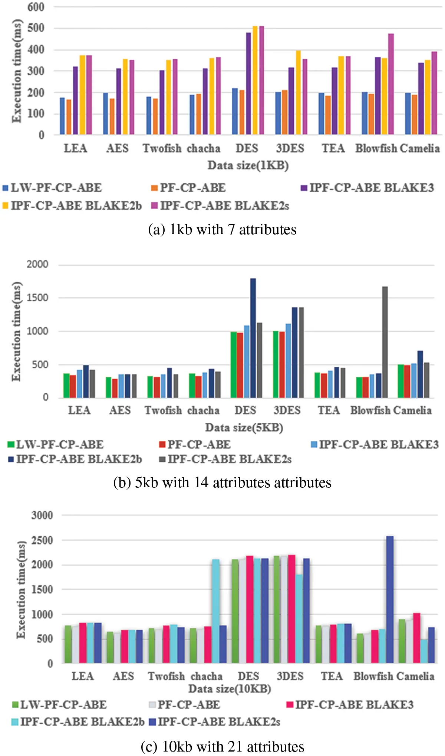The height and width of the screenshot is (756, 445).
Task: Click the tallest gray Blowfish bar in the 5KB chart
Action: (385, 341)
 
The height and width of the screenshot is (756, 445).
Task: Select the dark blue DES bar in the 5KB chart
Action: (253, 338)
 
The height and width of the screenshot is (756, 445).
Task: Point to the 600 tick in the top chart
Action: (36, 7)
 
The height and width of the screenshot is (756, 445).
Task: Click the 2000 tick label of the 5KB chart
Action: (37, 264)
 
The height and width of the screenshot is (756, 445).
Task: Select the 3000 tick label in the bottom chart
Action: (42, 515)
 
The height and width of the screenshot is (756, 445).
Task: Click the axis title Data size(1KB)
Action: (248, 165)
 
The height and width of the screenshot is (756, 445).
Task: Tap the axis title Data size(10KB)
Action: (230, 689)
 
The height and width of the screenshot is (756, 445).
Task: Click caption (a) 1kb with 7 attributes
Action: (222, 229)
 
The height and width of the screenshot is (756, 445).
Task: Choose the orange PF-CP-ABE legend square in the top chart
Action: (154, 188)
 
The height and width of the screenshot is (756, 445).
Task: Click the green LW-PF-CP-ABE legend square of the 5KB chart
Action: (11, 444)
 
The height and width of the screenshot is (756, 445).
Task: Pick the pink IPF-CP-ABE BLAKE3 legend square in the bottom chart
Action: (290, 704)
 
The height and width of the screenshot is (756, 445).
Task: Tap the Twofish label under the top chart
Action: (162, 148)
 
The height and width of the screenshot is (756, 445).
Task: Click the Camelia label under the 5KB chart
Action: (412, 410)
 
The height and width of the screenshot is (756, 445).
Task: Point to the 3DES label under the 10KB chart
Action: (290, 676)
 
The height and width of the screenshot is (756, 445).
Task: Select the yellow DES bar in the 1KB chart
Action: (255, 80)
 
